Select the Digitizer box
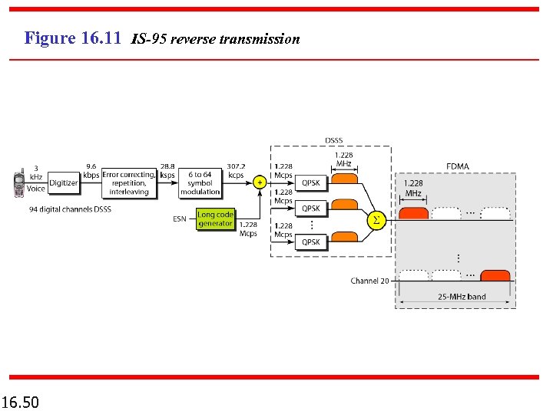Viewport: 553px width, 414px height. coord(64,183)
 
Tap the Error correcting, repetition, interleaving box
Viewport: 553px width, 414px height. coord(128,183)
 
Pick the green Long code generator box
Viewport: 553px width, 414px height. coord(215,219)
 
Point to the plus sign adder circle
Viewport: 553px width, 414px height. coord(260,183)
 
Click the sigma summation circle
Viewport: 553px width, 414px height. coord(376,221)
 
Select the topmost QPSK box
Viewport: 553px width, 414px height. coord(311,183)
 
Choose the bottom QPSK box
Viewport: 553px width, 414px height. coord(311,242)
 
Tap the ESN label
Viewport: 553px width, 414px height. coord(179,219)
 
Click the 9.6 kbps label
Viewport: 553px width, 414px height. coord(91,170)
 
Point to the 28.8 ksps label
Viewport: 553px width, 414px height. coord(167,170)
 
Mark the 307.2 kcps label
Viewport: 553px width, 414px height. coord(236,170)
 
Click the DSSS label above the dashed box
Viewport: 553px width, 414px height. coord(334,140)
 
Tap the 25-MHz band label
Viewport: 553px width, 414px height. coord(462,297)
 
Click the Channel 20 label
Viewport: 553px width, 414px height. coord(369,281)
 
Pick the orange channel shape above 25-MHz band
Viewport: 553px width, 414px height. coord(495,276)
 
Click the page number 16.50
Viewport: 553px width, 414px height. coord(22,402)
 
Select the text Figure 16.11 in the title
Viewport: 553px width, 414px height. coord(73,38)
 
